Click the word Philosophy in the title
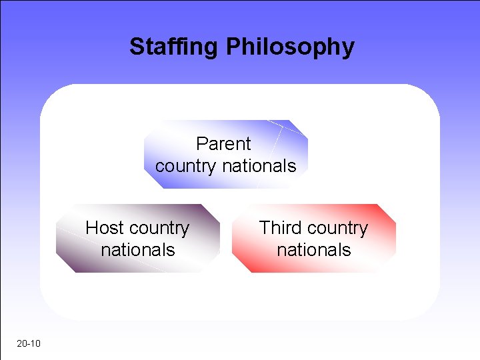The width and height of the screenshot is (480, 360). [x=290, y=47]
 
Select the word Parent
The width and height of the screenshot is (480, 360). [x=223, y=144]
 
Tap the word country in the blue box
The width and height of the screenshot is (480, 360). [x=186, y=166]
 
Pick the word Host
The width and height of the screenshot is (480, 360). [x=103, y=228]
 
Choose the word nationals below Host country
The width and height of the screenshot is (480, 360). [x=138, y=250]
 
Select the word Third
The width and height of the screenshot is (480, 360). [x=281, y=228]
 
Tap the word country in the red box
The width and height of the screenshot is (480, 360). [x=337, y=229]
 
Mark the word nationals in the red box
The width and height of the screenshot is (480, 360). [x=313, y=250]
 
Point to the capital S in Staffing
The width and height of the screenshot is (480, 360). [x=136, y=47]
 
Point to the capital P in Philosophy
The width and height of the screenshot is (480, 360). [x=233, y=47]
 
